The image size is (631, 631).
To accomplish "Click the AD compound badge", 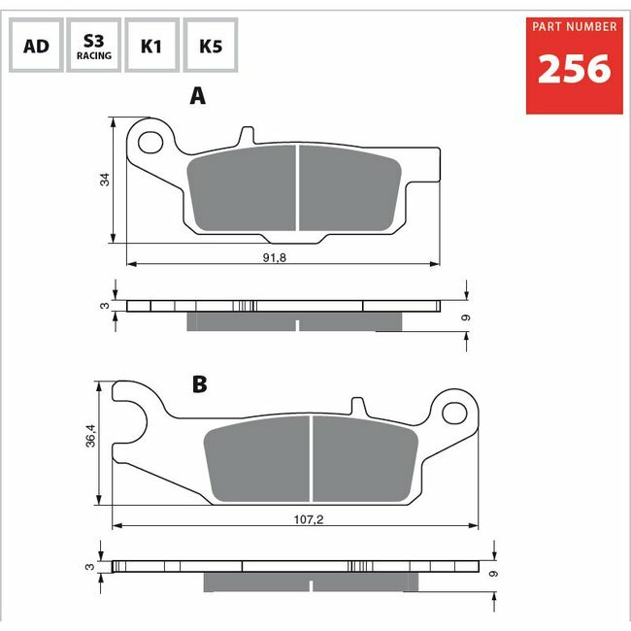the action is [36, 45].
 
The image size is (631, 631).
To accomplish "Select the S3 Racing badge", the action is [94, 45].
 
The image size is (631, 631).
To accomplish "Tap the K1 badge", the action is [151, 45].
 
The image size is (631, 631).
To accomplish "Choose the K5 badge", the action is [211, 45].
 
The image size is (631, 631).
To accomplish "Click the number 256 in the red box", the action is [575, 69].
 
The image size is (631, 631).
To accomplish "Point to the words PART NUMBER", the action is [575, 27].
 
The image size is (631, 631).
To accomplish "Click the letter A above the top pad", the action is [198, 96].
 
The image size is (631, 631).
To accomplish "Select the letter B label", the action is [200, 384].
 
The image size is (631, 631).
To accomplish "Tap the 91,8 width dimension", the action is [275, 257].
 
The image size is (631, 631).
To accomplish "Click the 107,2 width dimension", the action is [309, 519].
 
